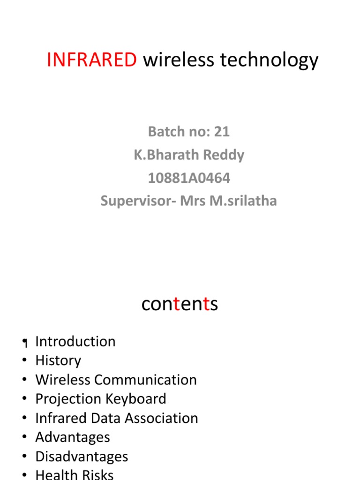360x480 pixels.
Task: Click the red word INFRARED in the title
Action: click(x=92, y=60)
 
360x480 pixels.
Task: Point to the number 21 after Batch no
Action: click(x=222, y=132)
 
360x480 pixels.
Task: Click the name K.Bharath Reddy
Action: click(x=189, y=155)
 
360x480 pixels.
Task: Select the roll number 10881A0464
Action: click(x=189, y=178)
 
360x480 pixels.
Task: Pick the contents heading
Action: click(x=180, y=305)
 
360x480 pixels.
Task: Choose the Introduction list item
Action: click(x=75, y=341)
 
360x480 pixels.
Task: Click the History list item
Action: click(x=58, y=360)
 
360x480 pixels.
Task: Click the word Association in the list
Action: click(x=159, y=418)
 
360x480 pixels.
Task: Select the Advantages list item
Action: click(x=73, y=437)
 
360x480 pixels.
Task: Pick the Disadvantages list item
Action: click(x=82, y=457)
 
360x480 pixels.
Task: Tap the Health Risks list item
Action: click(x=74, y=474)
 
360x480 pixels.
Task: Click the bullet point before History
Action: click(x=23, y=361)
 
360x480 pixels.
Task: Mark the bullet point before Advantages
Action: click(x=23, y=438)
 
